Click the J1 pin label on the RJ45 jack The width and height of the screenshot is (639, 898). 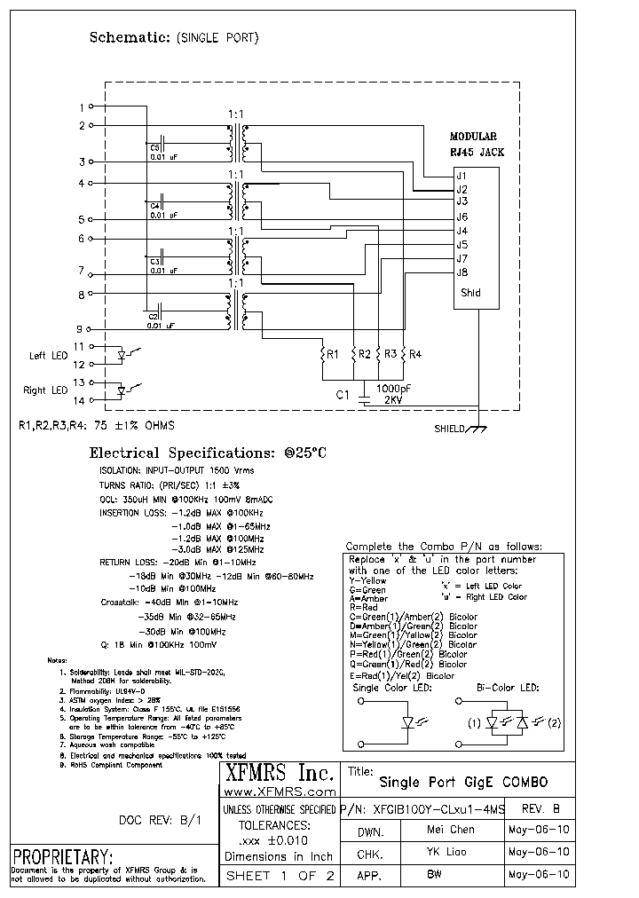click(x=461, y=175)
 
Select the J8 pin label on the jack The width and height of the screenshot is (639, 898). click(x=461, y=272)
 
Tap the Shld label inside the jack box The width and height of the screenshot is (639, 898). click(x=469, y=293)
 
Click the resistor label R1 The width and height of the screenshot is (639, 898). click(x=333, y=355)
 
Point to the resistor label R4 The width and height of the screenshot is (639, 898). click(x=415, y=355)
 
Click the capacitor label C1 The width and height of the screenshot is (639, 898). click(x=341, y=395)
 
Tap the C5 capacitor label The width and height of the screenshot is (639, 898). click(x=154, y=147)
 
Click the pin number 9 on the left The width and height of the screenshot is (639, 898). click(x=82, y=327)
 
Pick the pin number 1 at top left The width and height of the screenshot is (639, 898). click(x=82, y=107)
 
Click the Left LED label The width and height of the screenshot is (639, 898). click(x=48, y=356)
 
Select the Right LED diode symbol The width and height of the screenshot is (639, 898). click(x=122, y=390)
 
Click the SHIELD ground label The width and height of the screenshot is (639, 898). click(x=450, y=429)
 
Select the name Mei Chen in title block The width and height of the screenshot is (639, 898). click(x=450, y=830)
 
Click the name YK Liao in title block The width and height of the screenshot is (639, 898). click(x=450, y=851)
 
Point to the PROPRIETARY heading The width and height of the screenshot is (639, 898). click(x=62, y=857)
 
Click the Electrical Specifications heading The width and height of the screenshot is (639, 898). click(x=208, y=453)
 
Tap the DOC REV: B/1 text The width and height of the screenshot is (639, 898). click(x=160, y=821)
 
